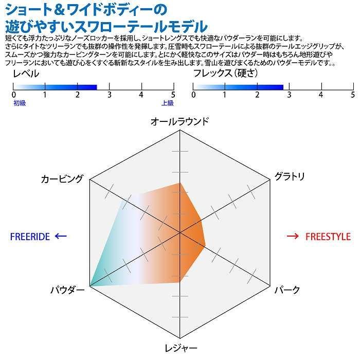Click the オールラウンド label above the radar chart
(x=179, y=121)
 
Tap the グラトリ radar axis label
(x=290, y=176)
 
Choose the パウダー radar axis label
(x=67, y=290)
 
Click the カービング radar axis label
(x=62, y=178)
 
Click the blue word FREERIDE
(x=30, y=237)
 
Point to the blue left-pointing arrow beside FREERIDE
(x=61, y=236)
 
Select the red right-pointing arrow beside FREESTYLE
(x=293, y=236)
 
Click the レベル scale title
(x=25, y=74)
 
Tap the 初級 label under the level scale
(x=19, y=103)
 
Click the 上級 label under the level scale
(x=167, y=103)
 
